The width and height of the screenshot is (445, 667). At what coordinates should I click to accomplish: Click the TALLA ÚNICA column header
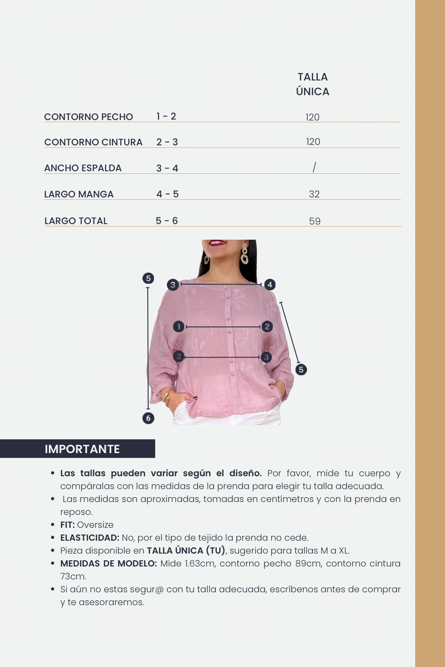pyautogui.click(x=312, y=84)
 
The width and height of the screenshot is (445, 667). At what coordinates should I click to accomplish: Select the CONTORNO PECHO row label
pyautogui.click(x=89, y=117)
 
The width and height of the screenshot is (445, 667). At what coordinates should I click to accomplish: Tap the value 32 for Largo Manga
pyautogui.click(x=314, y=194)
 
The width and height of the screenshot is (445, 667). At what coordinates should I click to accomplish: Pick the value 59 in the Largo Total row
pyautogui.click(x=315, y=221)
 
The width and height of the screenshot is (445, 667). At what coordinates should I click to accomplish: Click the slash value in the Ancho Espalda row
pyautogui.click(x=314, y=167)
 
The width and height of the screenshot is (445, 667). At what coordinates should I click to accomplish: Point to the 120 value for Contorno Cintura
pyautogui.click(x=313, y=142)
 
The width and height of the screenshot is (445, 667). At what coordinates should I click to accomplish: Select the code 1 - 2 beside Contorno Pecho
pyautogui.click(x=166, y=117)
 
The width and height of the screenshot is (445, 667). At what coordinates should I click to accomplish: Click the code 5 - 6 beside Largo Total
pyautogui.click(x=167, y=221)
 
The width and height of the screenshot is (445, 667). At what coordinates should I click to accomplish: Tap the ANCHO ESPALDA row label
pyautogui.click(x=83, y=168)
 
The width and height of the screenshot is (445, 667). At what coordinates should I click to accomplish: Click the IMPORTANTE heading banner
pyautogui.click(x=82, y=449)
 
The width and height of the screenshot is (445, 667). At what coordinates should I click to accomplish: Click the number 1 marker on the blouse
pyautogui.click(x=179, y=327)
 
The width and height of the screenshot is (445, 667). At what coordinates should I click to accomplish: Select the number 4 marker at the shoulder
pyautogui.click(x=270, y=285)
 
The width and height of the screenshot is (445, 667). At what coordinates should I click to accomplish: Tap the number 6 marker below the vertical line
pyautogui.click(x=149, y=418)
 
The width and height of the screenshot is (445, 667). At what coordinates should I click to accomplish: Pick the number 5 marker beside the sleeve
pyautogui.click(x=301, y=370)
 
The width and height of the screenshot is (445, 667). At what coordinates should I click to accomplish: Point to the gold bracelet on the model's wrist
pyautogui.click(x=168, y=396)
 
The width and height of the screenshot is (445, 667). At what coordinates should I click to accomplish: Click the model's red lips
pyautogui.click(x=218, y=243)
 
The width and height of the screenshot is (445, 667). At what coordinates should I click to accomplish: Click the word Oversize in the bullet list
pyautogui.click(x=95, y=525)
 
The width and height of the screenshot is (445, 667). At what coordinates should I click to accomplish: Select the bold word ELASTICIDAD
pyautogui.click(x=90, y=538)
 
